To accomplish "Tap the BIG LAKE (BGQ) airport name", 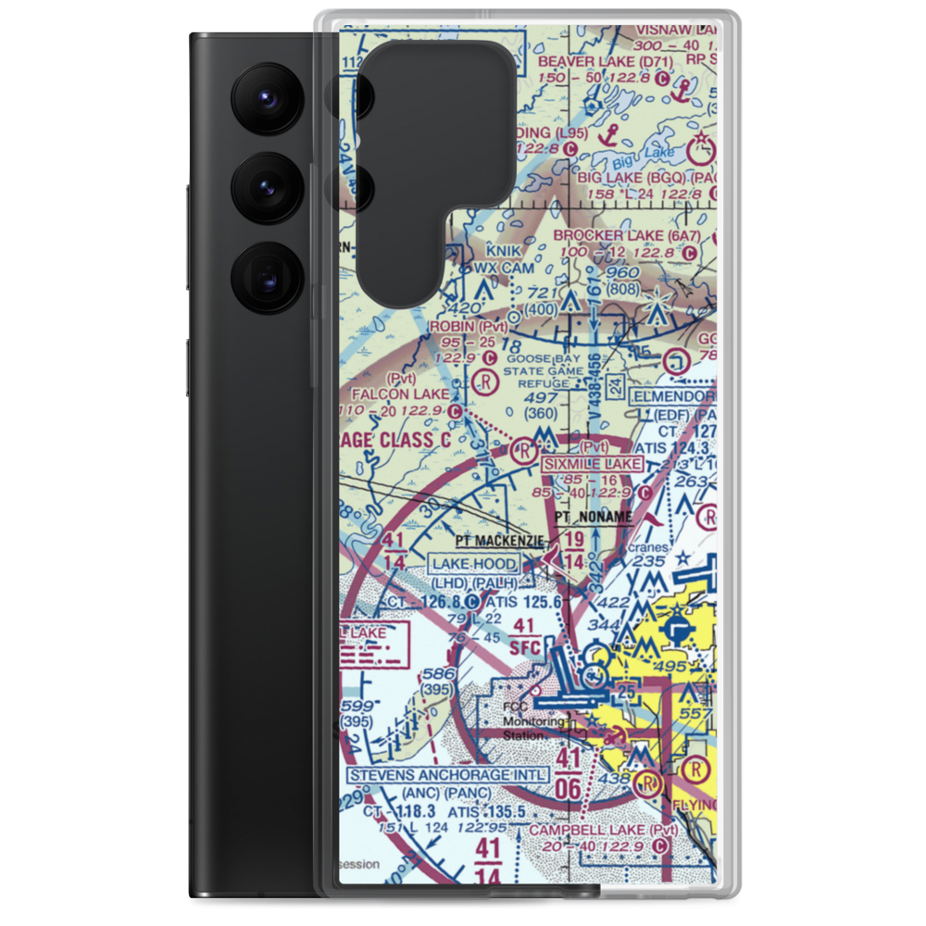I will [634, 176].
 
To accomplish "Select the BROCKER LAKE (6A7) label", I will [627, 235].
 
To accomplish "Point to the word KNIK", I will [506, 251].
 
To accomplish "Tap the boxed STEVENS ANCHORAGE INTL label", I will [448, 774].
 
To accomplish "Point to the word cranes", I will [648, 547].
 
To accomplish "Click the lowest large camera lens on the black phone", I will [266, 275].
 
